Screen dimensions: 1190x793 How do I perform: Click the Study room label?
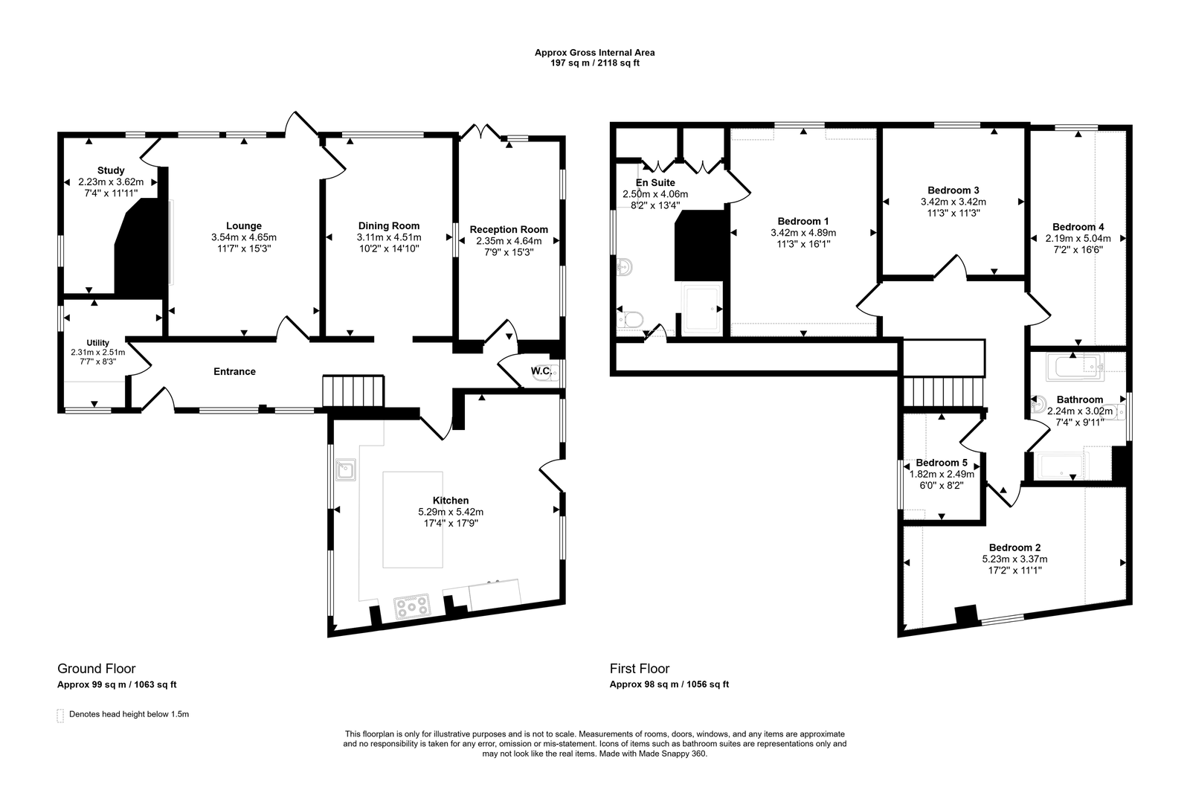coord(111,170)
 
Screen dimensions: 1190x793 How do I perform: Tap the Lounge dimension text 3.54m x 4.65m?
coord(244,237)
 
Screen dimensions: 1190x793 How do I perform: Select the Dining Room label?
coord(389,226)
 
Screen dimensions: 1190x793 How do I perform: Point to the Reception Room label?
coord(509,230)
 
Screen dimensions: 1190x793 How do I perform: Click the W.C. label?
coord(541,371)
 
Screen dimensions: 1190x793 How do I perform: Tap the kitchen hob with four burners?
coord(412,606)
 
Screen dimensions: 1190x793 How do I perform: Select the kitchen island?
coord(413,519)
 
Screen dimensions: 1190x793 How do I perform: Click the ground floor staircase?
coord(353,391)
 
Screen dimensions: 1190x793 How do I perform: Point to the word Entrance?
coord(234,371)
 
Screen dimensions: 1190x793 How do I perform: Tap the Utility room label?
coord(97,343)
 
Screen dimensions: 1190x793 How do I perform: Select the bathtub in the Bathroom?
coord(1075,367)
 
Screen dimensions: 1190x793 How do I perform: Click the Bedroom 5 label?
coord(942,463)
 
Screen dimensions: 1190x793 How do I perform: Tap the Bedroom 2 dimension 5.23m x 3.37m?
coord(1014,559)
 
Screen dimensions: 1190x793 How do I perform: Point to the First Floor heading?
coord(640,669)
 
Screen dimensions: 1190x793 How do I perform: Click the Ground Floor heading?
coord(97,669)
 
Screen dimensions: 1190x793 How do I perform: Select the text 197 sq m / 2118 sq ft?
coord(594,62)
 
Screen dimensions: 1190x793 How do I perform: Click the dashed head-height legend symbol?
coord(60,716)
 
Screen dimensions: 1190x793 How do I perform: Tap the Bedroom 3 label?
coord(953,190)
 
